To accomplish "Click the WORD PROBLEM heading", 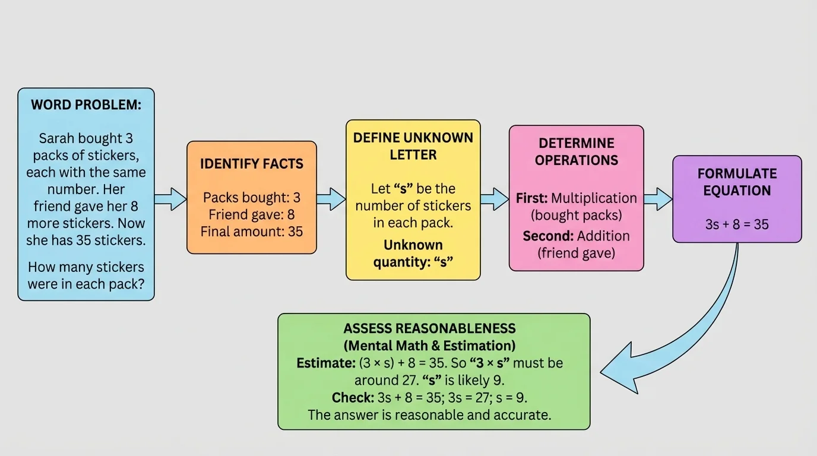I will coord(86,105).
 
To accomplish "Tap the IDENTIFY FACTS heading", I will coord(252,164).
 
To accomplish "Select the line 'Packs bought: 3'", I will coord(252,198).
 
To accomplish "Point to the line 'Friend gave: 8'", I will coord(252,214).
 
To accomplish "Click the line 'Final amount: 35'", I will coord(252,232).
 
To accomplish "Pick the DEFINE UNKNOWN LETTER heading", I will coord(413,146).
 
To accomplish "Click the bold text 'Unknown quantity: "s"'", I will coord(413,254).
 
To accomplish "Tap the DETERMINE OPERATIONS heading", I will coord(577,151).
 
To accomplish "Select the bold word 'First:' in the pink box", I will coord(531,198).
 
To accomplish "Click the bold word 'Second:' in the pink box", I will coord(546,236).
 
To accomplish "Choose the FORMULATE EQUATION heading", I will coord(737,182).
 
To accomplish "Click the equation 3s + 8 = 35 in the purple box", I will coord(737,225).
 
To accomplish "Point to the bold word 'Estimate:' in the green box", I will coord(325,363).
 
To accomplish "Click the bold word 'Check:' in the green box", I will coord(353,397).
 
